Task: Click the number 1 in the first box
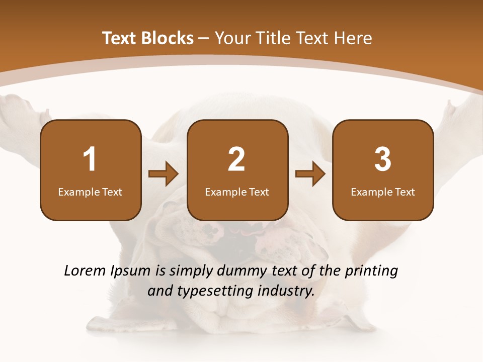(x=90, y=159)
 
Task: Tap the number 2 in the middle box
(x=236, y=159)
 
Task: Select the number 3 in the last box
(x=383, y=159)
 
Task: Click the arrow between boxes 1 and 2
(x=164, y=174)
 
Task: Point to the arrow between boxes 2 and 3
(x=310, y=174)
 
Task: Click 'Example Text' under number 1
(x=90, y=192)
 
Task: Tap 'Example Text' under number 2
(x=237, y=192)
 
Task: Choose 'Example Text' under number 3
(x=383, y=192)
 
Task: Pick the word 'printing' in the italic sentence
(x=371, y=271)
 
